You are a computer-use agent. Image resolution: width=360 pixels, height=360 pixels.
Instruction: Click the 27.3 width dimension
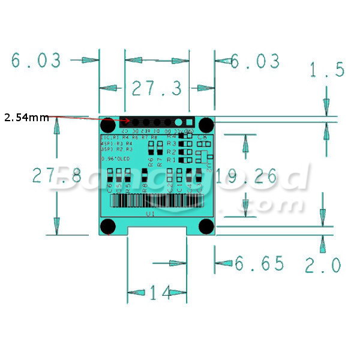pos(157,89)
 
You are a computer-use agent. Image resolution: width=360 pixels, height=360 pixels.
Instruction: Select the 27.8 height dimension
pos(48,176)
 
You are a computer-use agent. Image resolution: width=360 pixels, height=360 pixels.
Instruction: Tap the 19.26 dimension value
pos(247,176)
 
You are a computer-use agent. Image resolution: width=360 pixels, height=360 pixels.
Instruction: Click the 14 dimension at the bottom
pos(160,293)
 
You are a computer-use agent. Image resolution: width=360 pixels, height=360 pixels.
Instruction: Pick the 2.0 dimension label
pos(323,265)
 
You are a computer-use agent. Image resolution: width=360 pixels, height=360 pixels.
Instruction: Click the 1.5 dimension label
pos(327,70)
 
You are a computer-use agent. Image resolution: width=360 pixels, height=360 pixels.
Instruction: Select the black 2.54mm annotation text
pos(27,118)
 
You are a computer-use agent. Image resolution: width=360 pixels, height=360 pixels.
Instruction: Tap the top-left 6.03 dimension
pos(36,61)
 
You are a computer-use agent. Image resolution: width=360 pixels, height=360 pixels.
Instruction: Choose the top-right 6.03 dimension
pos(255,61)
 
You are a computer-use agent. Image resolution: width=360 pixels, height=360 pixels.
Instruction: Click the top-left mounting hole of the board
pos(108,125)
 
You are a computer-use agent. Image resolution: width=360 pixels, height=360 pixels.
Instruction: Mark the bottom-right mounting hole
pos(206,226)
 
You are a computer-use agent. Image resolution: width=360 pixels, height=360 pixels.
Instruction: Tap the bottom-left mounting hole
pos(108,226)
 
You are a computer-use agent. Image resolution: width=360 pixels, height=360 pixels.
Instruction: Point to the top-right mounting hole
pos(206,125)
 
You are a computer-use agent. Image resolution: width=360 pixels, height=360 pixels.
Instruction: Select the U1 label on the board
pos(151,214)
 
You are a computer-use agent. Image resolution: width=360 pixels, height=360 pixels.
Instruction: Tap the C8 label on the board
pos(202,139)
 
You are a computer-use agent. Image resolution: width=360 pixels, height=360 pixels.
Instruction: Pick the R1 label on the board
pos(171,160)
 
